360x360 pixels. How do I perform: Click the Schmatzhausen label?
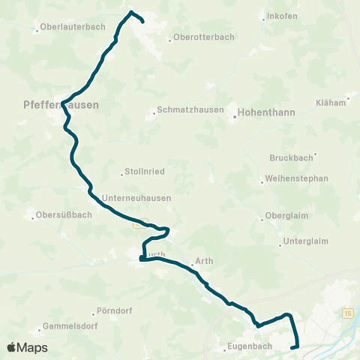click(190, 109)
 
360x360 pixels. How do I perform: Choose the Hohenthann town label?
click(265, 112)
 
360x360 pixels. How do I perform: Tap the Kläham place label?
click(330, 101)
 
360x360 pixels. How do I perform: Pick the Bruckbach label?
click(289, 158)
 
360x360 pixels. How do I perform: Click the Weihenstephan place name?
click(298, 180)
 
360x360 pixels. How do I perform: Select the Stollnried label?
click(147, 172)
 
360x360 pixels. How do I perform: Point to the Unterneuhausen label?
click(136, 198)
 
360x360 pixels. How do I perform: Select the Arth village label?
click(204, 262)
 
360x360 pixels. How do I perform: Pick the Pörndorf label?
click(115, 311)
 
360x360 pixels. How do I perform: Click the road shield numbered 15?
click(348, 312)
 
